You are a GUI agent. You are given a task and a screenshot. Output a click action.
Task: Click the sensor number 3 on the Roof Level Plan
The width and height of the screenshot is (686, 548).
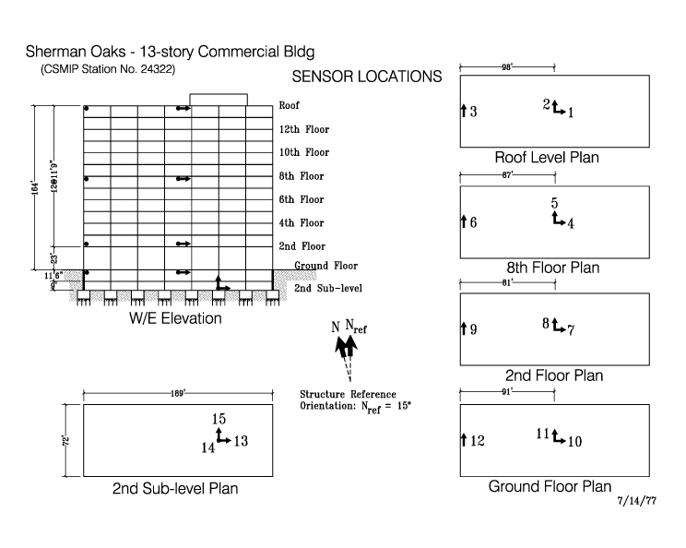[x=473, y=113]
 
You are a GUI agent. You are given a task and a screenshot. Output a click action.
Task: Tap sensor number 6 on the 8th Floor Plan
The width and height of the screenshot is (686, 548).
[x=473, y=222]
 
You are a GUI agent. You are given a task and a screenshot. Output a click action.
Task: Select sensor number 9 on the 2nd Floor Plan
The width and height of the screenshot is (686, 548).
[x=473, y=329]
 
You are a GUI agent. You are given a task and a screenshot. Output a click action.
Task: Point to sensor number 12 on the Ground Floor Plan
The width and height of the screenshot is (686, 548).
[x=476, y=442]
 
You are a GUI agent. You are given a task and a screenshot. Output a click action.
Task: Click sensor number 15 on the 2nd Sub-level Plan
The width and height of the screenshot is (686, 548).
[x=219, y=420]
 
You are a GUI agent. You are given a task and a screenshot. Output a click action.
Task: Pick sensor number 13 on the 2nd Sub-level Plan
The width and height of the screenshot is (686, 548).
[x=241, y=442]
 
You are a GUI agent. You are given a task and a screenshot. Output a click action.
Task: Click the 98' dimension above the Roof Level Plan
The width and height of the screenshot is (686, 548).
[x=507, y=66]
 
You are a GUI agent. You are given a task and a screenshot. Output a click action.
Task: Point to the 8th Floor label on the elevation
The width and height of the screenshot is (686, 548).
[x=301, y=176]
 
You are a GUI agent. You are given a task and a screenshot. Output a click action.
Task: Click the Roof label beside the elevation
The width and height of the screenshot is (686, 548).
[x=289, y=106]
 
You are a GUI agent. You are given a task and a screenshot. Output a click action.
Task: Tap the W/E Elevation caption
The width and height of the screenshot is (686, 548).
[x=175, y=319]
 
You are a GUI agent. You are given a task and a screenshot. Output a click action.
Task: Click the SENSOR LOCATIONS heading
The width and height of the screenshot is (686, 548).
[x=366, y=77]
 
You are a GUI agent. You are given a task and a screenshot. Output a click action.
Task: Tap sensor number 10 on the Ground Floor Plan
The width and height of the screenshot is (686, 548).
[x=574, y=442]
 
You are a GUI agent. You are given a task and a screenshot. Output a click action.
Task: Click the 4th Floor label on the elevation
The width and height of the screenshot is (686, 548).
[x=301, y=223]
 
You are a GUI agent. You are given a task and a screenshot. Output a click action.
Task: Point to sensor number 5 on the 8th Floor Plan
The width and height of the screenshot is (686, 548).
[x=554, y=203]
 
